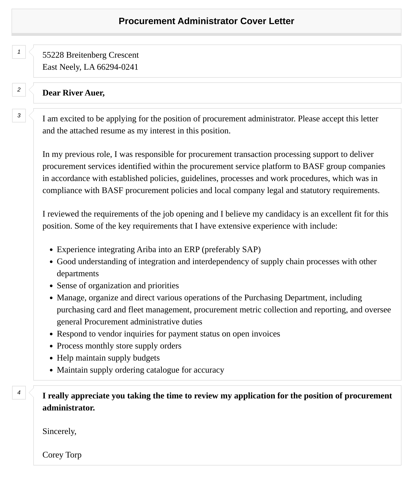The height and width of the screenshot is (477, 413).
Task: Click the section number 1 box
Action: tap(19, 52)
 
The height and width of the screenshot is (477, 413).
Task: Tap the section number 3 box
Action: tap(19, 116)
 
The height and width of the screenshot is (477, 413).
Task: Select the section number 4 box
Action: tap(19, 393)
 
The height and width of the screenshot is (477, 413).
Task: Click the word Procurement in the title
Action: tap(147, 21)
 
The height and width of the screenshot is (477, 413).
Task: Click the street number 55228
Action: tap(53, 55)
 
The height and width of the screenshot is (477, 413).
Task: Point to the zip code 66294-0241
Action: tap(118, 67)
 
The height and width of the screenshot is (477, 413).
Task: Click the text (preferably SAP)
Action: tap(231, 250)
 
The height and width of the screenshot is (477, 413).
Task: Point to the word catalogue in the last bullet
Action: tap(163, 370)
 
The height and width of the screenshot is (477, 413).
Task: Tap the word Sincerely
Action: tap(59, 431)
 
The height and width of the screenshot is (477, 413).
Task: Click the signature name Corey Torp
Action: tap(62, 455)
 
